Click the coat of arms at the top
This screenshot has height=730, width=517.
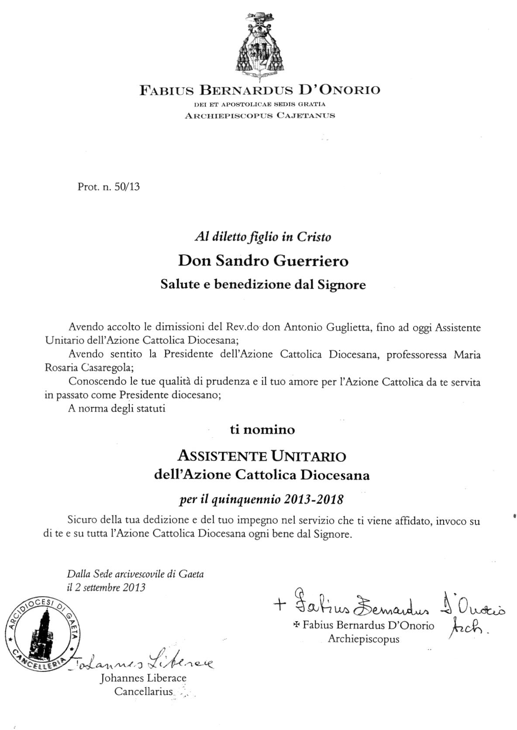coord(259,45)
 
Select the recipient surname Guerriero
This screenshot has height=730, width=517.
coord(311,261)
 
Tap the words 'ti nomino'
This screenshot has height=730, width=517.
coord(262,430)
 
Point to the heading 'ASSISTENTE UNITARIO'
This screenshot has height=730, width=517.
coord(262,456)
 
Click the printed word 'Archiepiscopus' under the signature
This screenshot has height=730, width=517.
coord(363,639)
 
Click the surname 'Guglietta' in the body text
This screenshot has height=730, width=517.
coord(349,327)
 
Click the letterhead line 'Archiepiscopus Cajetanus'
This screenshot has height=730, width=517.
coord(260,116)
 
